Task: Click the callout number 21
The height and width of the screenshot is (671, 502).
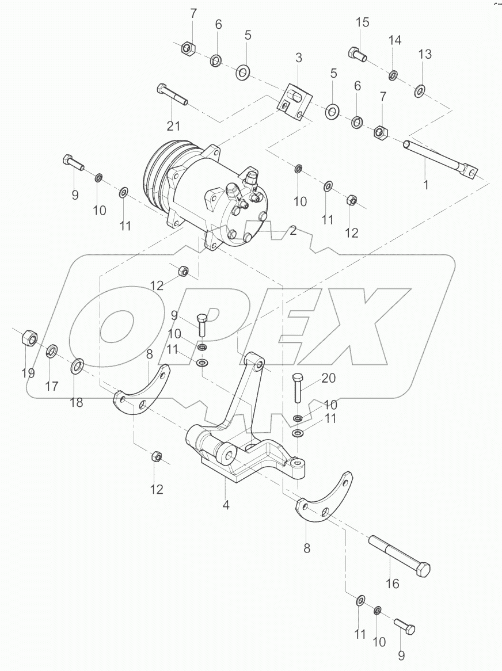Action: click(x=174, y=126)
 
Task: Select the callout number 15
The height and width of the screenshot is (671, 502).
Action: click(x=362, y=23)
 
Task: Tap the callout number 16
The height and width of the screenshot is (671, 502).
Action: click(x=392, y=584)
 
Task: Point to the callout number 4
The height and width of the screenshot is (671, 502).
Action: click(x=226, y=505)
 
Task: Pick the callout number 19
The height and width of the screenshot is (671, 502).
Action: click(x=28, y=373)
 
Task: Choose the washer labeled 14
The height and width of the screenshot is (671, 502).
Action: click(x=393, y=75)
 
